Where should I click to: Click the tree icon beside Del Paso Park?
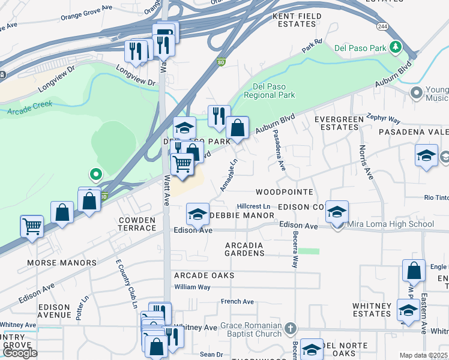tap(395, 47)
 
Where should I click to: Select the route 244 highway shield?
tap(382, 27)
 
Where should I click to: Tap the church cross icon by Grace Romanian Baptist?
tap(291, 328)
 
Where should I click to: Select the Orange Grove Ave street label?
tap(87, 14)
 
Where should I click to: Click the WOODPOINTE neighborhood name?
tap(285, 192)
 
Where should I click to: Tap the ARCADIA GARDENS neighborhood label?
tap(245, 249)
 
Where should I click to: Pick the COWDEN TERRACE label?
tap(137, 224)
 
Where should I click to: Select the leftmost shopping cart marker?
tap(31, 226)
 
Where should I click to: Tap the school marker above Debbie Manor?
tap(197, 213)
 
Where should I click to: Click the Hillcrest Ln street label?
tap(255, 206)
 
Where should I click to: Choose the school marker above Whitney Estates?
tap(409, 310)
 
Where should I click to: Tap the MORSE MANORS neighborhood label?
tap(61, 263)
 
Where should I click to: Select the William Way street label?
tap(192, 287)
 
